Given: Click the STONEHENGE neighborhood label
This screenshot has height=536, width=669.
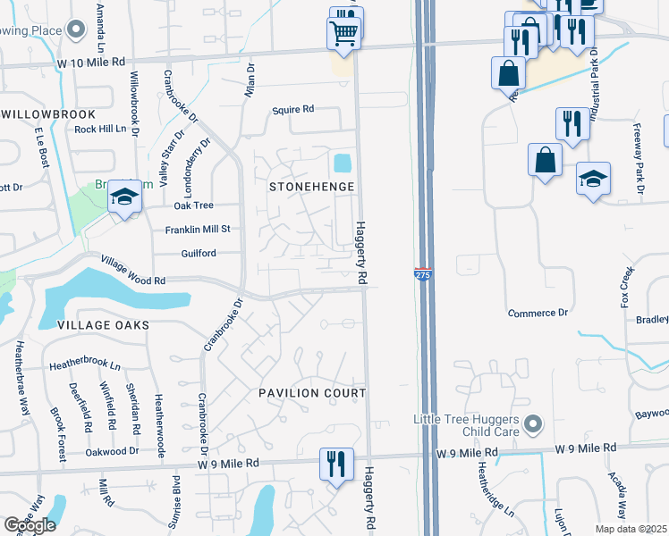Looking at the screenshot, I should tap(312, 187).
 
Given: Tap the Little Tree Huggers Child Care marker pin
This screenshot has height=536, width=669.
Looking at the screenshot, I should tap(533, 423).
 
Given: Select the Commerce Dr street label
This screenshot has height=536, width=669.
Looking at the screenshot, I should tap(538, 313).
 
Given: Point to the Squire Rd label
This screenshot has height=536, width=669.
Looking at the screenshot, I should tap(293, 110).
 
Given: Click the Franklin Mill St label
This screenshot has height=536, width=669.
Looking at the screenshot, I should tap(197, 230).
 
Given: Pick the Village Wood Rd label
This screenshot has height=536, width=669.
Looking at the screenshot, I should tap(133, 270).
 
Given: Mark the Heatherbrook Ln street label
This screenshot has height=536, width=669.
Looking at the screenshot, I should tap(85, 364).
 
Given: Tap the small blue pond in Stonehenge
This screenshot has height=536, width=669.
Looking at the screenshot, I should tap(342, 163).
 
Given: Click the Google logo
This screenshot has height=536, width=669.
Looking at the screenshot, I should tap(30, 525).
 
